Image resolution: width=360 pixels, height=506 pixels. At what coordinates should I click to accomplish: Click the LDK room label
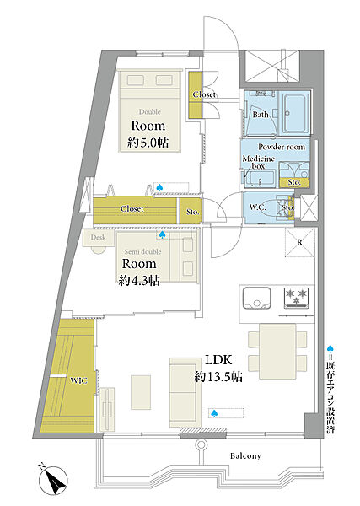218,360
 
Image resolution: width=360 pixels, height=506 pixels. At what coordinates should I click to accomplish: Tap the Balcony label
245,456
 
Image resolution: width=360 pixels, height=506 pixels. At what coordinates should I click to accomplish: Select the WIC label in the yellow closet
78,381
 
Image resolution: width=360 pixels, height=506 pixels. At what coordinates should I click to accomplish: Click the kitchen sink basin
257,298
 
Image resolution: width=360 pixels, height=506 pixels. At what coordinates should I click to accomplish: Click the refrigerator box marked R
299,242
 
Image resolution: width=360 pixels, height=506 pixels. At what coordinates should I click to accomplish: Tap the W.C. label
257,207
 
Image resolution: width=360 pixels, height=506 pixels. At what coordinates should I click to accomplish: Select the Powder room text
282,147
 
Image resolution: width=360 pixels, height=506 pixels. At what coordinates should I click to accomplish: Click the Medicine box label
258,162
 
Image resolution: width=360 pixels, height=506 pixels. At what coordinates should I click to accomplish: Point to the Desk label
98,237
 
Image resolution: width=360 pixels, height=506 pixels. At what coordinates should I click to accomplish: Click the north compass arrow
52,479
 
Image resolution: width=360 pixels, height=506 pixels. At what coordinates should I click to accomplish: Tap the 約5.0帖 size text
148,143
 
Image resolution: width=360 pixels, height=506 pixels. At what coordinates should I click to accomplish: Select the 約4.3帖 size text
139,281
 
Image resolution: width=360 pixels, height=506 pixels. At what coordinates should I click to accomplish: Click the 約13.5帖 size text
218,377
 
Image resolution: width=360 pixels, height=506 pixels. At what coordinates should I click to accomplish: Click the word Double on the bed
150,112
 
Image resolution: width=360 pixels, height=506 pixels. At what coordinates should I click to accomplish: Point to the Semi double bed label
142,251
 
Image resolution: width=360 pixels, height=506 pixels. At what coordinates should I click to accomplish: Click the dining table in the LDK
277,351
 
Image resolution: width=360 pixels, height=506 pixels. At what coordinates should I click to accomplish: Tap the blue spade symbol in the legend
330,348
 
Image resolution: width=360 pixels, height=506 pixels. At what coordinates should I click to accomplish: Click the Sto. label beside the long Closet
192,212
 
